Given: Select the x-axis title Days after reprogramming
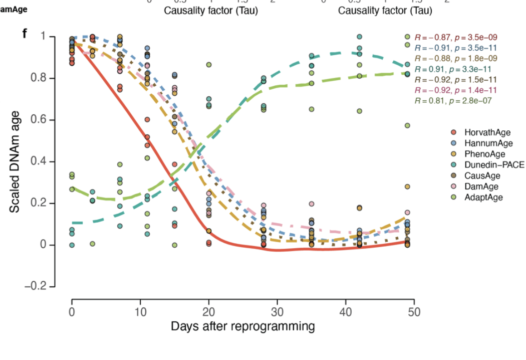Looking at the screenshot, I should click(243, 326).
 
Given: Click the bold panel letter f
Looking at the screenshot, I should click(25, 34).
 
